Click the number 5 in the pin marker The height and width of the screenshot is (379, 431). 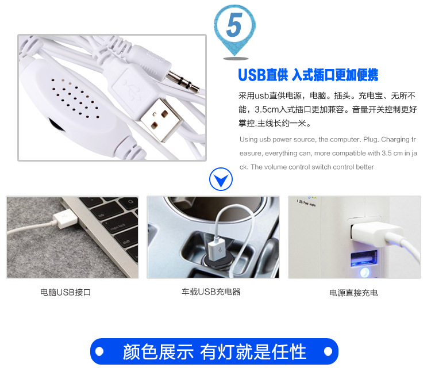[234, 25]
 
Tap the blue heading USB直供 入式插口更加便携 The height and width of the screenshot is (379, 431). [308, 75]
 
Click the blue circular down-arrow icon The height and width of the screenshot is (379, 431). [221, 179]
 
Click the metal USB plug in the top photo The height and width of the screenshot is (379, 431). [161, 120]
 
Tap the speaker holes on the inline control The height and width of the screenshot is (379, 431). [75, 98]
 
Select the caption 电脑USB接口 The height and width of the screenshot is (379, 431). [66, 292]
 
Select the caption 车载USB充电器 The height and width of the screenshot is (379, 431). [211, 292]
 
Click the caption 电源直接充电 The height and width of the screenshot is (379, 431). [353, 293]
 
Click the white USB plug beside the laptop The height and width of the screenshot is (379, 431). [64, 219]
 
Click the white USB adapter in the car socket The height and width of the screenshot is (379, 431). [217, 250]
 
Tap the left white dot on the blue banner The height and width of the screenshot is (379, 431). [99, 351]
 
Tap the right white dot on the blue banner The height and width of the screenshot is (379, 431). [328, 351]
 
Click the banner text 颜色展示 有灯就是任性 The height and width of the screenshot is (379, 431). [214, 351]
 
